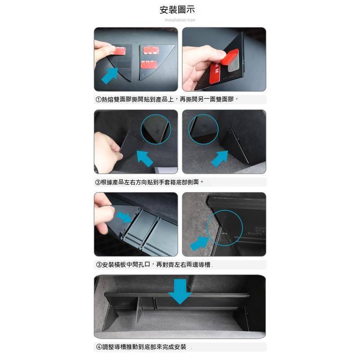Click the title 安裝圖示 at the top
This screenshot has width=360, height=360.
click(180, 10)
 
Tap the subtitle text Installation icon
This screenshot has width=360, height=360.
click(180, 20)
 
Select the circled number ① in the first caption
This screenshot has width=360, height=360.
click(99, 100)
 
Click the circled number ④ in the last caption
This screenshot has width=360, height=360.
click(99, 347)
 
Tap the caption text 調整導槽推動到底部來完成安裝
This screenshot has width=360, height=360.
click(144, 347)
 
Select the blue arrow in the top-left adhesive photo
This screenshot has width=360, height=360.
click(109, 75)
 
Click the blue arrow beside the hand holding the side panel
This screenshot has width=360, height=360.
click(144, 158)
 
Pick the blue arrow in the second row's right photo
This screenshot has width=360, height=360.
click(220, 158)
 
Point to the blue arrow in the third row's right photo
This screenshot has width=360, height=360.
click(200, 242)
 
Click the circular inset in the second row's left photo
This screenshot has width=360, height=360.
click(156, 129)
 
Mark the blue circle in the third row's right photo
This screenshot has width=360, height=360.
click(225, 227)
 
